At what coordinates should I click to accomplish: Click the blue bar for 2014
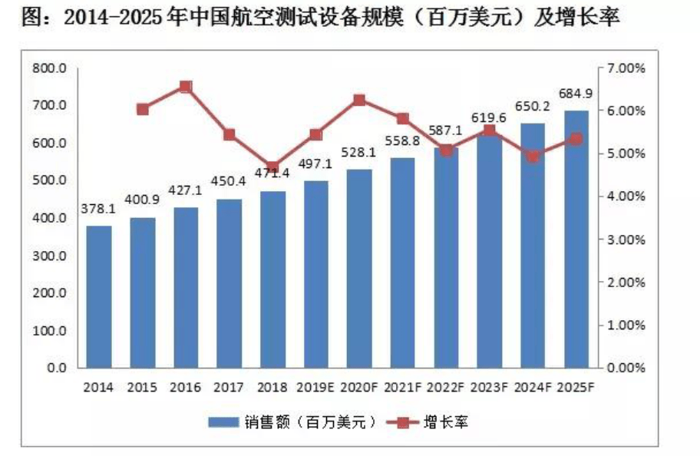(x=99, y=296)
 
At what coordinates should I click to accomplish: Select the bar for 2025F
(x=576, y=239)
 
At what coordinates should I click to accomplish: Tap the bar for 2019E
(x=316, y=274)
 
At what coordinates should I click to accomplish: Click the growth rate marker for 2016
(x=186, y=87)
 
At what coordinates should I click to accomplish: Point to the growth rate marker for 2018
(x=272, y=167)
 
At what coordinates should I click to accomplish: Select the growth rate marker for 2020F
(x=359, y=100)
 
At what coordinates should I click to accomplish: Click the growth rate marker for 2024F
(x=533, y=157)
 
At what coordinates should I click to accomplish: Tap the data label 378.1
(x=99, y=208)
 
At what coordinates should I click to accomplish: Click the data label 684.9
(x=576, y=94)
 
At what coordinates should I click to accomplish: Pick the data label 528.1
(x=359, y=153)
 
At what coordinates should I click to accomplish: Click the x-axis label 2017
(x=229, y=388)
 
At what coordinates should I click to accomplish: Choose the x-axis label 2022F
(x=446, y=388)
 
